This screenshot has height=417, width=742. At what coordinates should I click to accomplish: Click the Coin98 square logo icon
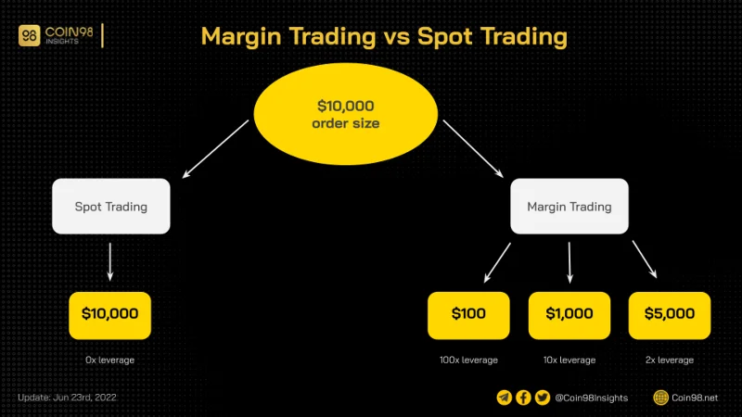30,35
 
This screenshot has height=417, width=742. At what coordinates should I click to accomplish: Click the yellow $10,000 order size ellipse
345,114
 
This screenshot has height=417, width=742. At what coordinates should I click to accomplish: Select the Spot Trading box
111,206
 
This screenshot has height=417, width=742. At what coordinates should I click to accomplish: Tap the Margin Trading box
569,206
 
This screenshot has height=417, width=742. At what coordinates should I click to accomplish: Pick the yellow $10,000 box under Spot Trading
109,315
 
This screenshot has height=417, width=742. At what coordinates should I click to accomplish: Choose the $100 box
468,315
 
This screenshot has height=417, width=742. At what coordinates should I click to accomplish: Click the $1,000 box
569,315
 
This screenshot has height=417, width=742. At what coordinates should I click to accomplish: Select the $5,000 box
670,315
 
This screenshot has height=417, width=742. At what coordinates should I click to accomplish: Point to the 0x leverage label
109,360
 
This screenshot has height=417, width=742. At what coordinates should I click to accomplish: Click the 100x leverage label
468,360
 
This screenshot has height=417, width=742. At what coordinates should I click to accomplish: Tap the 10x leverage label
569,360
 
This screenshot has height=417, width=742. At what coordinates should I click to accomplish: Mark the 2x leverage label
670,360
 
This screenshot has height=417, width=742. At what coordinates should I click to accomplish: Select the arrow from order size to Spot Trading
215,149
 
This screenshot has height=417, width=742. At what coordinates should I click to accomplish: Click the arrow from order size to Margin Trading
473,149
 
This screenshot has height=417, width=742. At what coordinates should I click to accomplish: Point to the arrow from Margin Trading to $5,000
645,259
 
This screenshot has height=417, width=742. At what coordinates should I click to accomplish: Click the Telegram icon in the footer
505,398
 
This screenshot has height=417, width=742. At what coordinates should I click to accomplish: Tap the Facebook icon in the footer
523,398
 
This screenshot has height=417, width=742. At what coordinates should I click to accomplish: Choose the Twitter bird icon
543,398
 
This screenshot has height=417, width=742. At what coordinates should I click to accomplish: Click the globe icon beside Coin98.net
660,398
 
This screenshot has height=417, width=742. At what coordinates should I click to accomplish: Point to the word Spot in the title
445,37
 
